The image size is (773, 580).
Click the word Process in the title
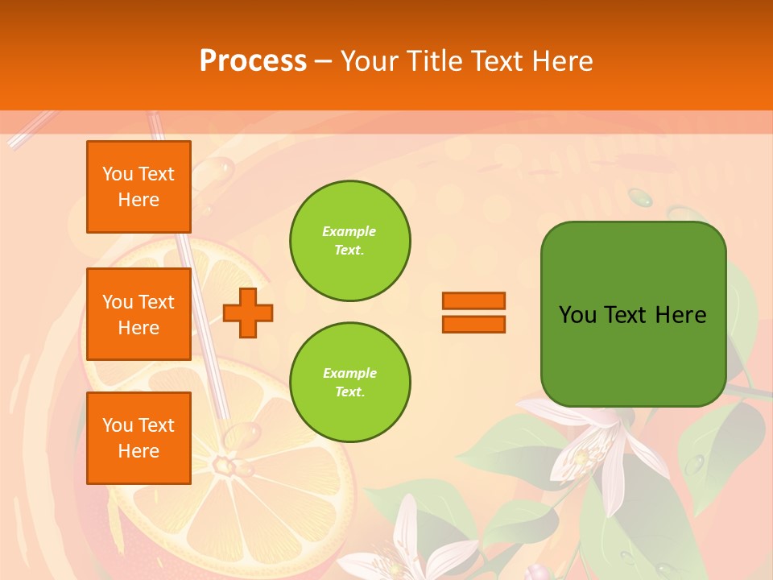tap(253, 60)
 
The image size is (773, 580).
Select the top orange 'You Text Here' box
tap(138, 187)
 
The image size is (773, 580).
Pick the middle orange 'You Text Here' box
tap(138, 314)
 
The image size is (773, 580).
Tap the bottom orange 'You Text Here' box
tap(138, 438)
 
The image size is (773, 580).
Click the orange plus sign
tap(248, 313)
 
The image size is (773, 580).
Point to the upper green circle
tap(350, 241)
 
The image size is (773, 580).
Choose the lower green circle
tap(350, 382)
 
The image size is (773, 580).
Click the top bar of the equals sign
tap(473, 300)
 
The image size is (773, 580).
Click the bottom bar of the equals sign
tap(473, 324)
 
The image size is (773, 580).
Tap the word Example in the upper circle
tap(349, 231)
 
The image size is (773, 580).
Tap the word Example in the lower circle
tap(349, 373)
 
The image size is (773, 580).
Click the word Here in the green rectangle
tap(681, 315)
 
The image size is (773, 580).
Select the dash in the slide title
tap(324, 61)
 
